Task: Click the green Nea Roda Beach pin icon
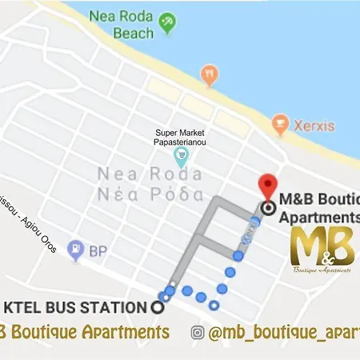167,24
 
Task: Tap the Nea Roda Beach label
121,23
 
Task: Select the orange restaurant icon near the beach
209,74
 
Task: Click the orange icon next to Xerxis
279,122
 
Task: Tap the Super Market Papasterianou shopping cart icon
182,150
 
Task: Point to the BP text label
98,250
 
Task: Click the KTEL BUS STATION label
76,307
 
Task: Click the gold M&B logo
323,249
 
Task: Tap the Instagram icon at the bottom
198,332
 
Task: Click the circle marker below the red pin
267,208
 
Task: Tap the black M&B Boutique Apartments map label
317,208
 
